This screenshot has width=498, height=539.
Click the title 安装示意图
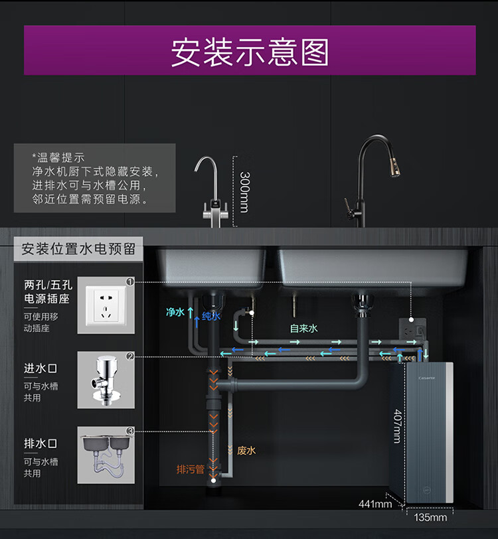coord(250,52)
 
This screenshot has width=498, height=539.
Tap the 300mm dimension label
coord(244,193)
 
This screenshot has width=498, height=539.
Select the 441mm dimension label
coord(375,504)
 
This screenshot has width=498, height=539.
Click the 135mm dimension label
coord(430,517)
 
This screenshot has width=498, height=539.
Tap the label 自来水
coord(303,328)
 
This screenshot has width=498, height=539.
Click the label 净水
coord(175,311)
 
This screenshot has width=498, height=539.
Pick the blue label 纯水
coord(210,317)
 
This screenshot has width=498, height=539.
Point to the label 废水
coord(246,450)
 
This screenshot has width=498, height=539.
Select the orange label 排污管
coord(190,469)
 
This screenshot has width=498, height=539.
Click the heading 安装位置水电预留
coord(78,249)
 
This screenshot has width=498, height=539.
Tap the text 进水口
coord(41,368)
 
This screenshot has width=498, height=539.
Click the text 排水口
coord(41,443)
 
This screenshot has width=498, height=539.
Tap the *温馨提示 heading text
coord(58,157)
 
